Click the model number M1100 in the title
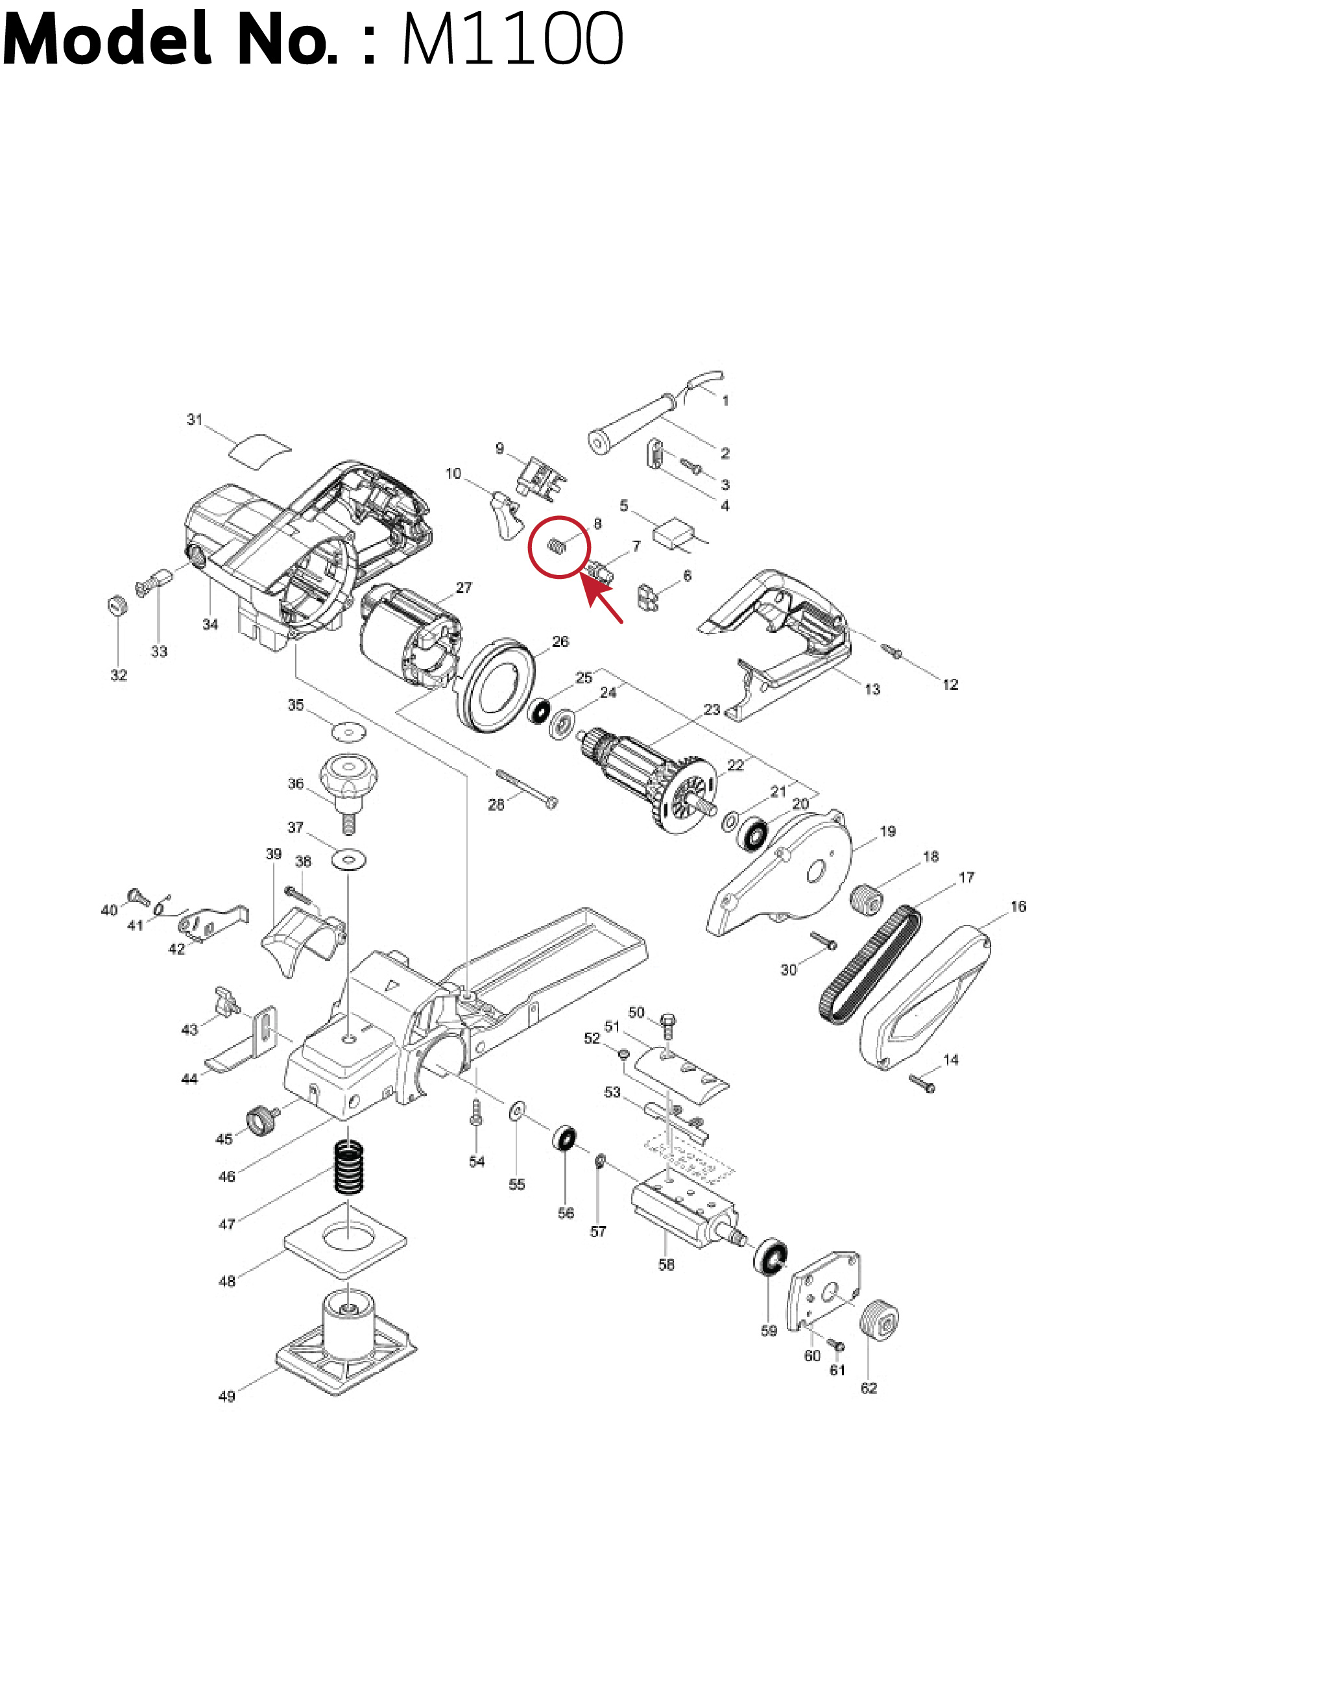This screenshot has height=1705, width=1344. coord(512,40)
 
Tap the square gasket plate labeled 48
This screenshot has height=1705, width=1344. coord(346,1238)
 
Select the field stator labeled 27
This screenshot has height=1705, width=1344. coord(411,640)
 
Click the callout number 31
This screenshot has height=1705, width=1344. coord(195,419)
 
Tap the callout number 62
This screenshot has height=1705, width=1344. coord(869,1387)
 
